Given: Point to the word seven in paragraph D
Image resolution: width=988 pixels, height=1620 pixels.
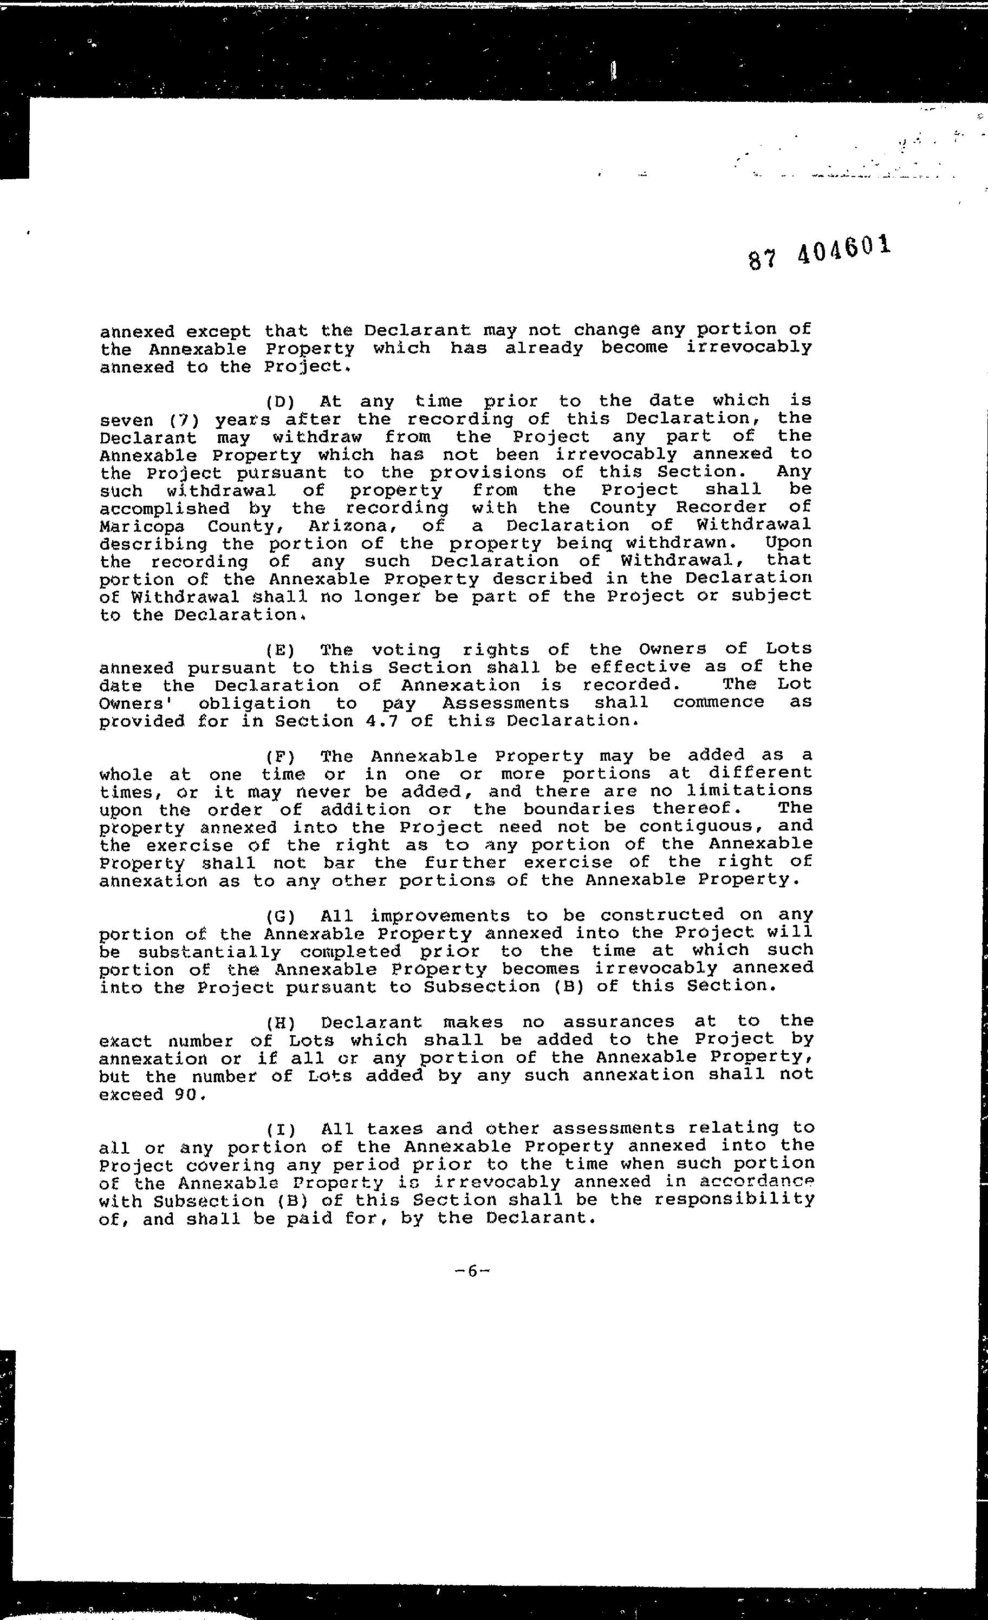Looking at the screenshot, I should point(126,420).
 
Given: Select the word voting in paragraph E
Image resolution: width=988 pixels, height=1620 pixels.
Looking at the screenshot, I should point(406,650).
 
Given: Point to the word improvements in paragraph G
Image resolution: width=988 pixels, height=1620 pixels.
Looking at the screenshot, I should point(439,916).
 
